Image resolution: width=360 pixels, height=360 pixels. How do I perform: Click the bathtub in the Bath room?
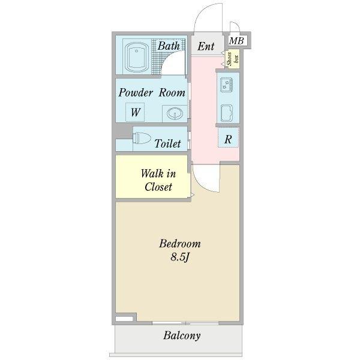(x=137, y=57)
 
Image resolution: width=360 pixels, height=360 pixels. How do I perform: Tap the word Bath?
(x=169, y=46)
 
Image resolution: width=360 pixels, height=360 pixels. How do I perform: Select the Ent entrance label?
(x=206, y=46)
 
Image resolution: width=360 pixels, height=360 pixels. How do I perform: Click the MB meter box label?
(x=236, y=41)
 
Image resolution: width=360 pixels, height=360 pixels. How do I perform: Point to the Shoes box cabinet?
(x=233, y=59)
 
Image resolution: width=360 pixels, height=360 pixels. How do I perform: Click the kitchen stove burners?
(x=226, y=84)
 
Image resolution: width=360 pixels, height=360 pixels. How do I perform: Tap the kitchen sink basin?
(x=227, y=113)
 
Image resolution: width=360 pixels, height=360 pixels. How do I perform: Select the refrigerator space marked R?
(x=228, y=138)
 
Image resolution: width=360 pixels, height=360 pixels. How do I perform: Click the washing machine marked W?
(x=135, y=112)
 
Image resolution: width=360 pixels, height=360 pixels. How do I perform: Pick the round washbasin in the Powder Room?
(x=175, y=113)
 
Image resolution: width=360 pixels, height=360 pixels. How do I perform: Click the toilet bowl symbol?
(x=142, y=138)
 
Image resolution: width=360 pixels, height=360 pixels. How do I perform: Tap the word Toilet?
(x=167, y=143)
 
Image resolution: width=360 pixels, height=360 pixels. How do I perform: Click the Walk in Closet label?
(x=158, y=180)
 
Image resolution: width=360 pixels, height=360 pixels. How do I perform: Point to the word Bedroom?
(x=180, y=244)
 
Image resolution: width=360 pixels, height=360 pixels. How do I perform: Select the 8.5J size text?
(x=180, y=257)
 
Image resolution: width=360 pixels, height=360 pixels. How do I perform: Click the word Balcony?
(x=182, y=335)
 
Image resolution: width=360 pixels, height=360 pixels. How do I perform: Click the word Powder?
(x=136, y=92)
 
